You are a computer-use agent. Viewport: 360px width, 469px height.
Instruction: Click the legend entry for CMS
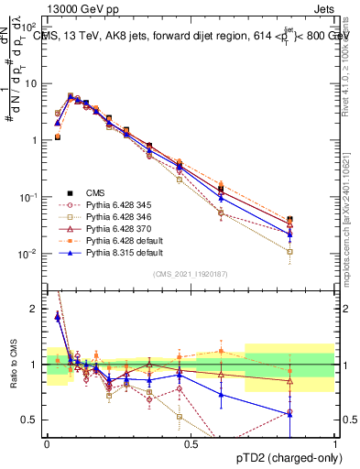pos(95,192)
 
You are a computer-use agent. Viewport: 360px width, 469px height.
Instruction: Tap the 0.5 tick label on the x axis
pos(191,442)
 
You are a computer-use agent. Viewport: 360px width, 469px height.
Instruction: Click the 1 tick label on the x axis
pos(334,442)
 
